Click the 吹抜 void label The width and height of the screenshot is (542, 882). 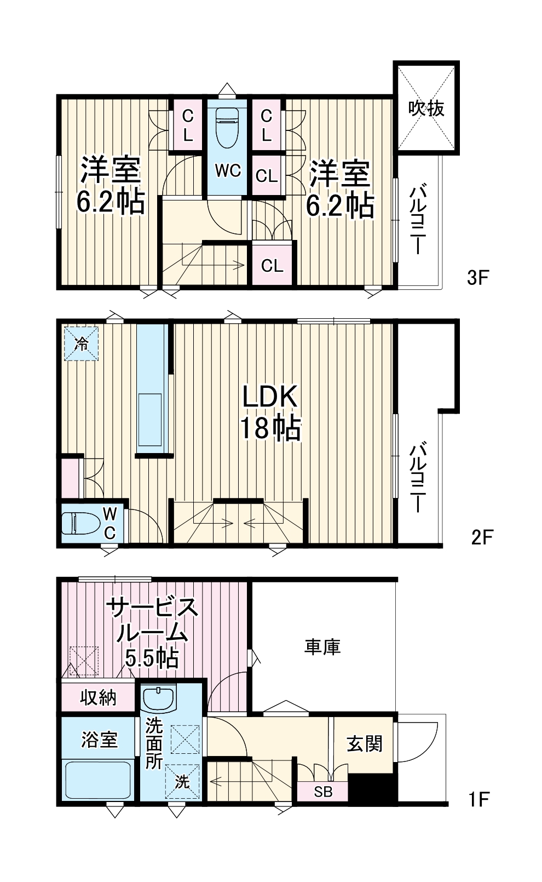click(x=426, y=108)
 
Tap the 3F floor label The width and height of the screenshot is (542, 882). click(x=477, y=278)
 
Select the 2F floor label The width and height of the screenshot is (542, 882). click(x=482, y=537)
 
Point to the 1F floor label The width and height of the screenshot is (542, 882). click(x=478, y=799)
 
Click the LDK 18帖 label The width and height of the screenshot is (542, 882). click(x=270, y=412)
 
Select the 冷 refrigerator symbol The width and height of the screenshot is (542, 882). click(x=82, y=344)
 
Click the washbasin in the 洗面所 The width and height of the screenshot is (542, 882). click(x=158, y=698)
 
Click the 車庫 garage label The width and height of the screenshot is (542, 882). click(x=322, y=647)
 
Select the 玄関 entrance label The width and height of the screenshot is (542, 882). click(x=364, y=744)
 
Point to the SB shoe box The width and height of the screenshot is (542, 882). click(x=323, y=792)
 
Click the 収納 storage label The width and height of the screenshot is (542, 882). click(x=99, y=697)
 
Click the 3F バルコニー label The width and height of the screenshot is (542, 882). click(x=418, y=219)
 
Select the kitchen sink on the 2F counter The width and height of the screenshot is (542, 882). click(x=151, y=419)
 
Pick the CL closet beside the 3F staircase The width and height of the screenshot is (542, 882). click(x=272, y=266)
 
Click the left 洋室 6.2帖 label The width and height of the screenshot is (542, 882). click(x=111, y=186)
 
